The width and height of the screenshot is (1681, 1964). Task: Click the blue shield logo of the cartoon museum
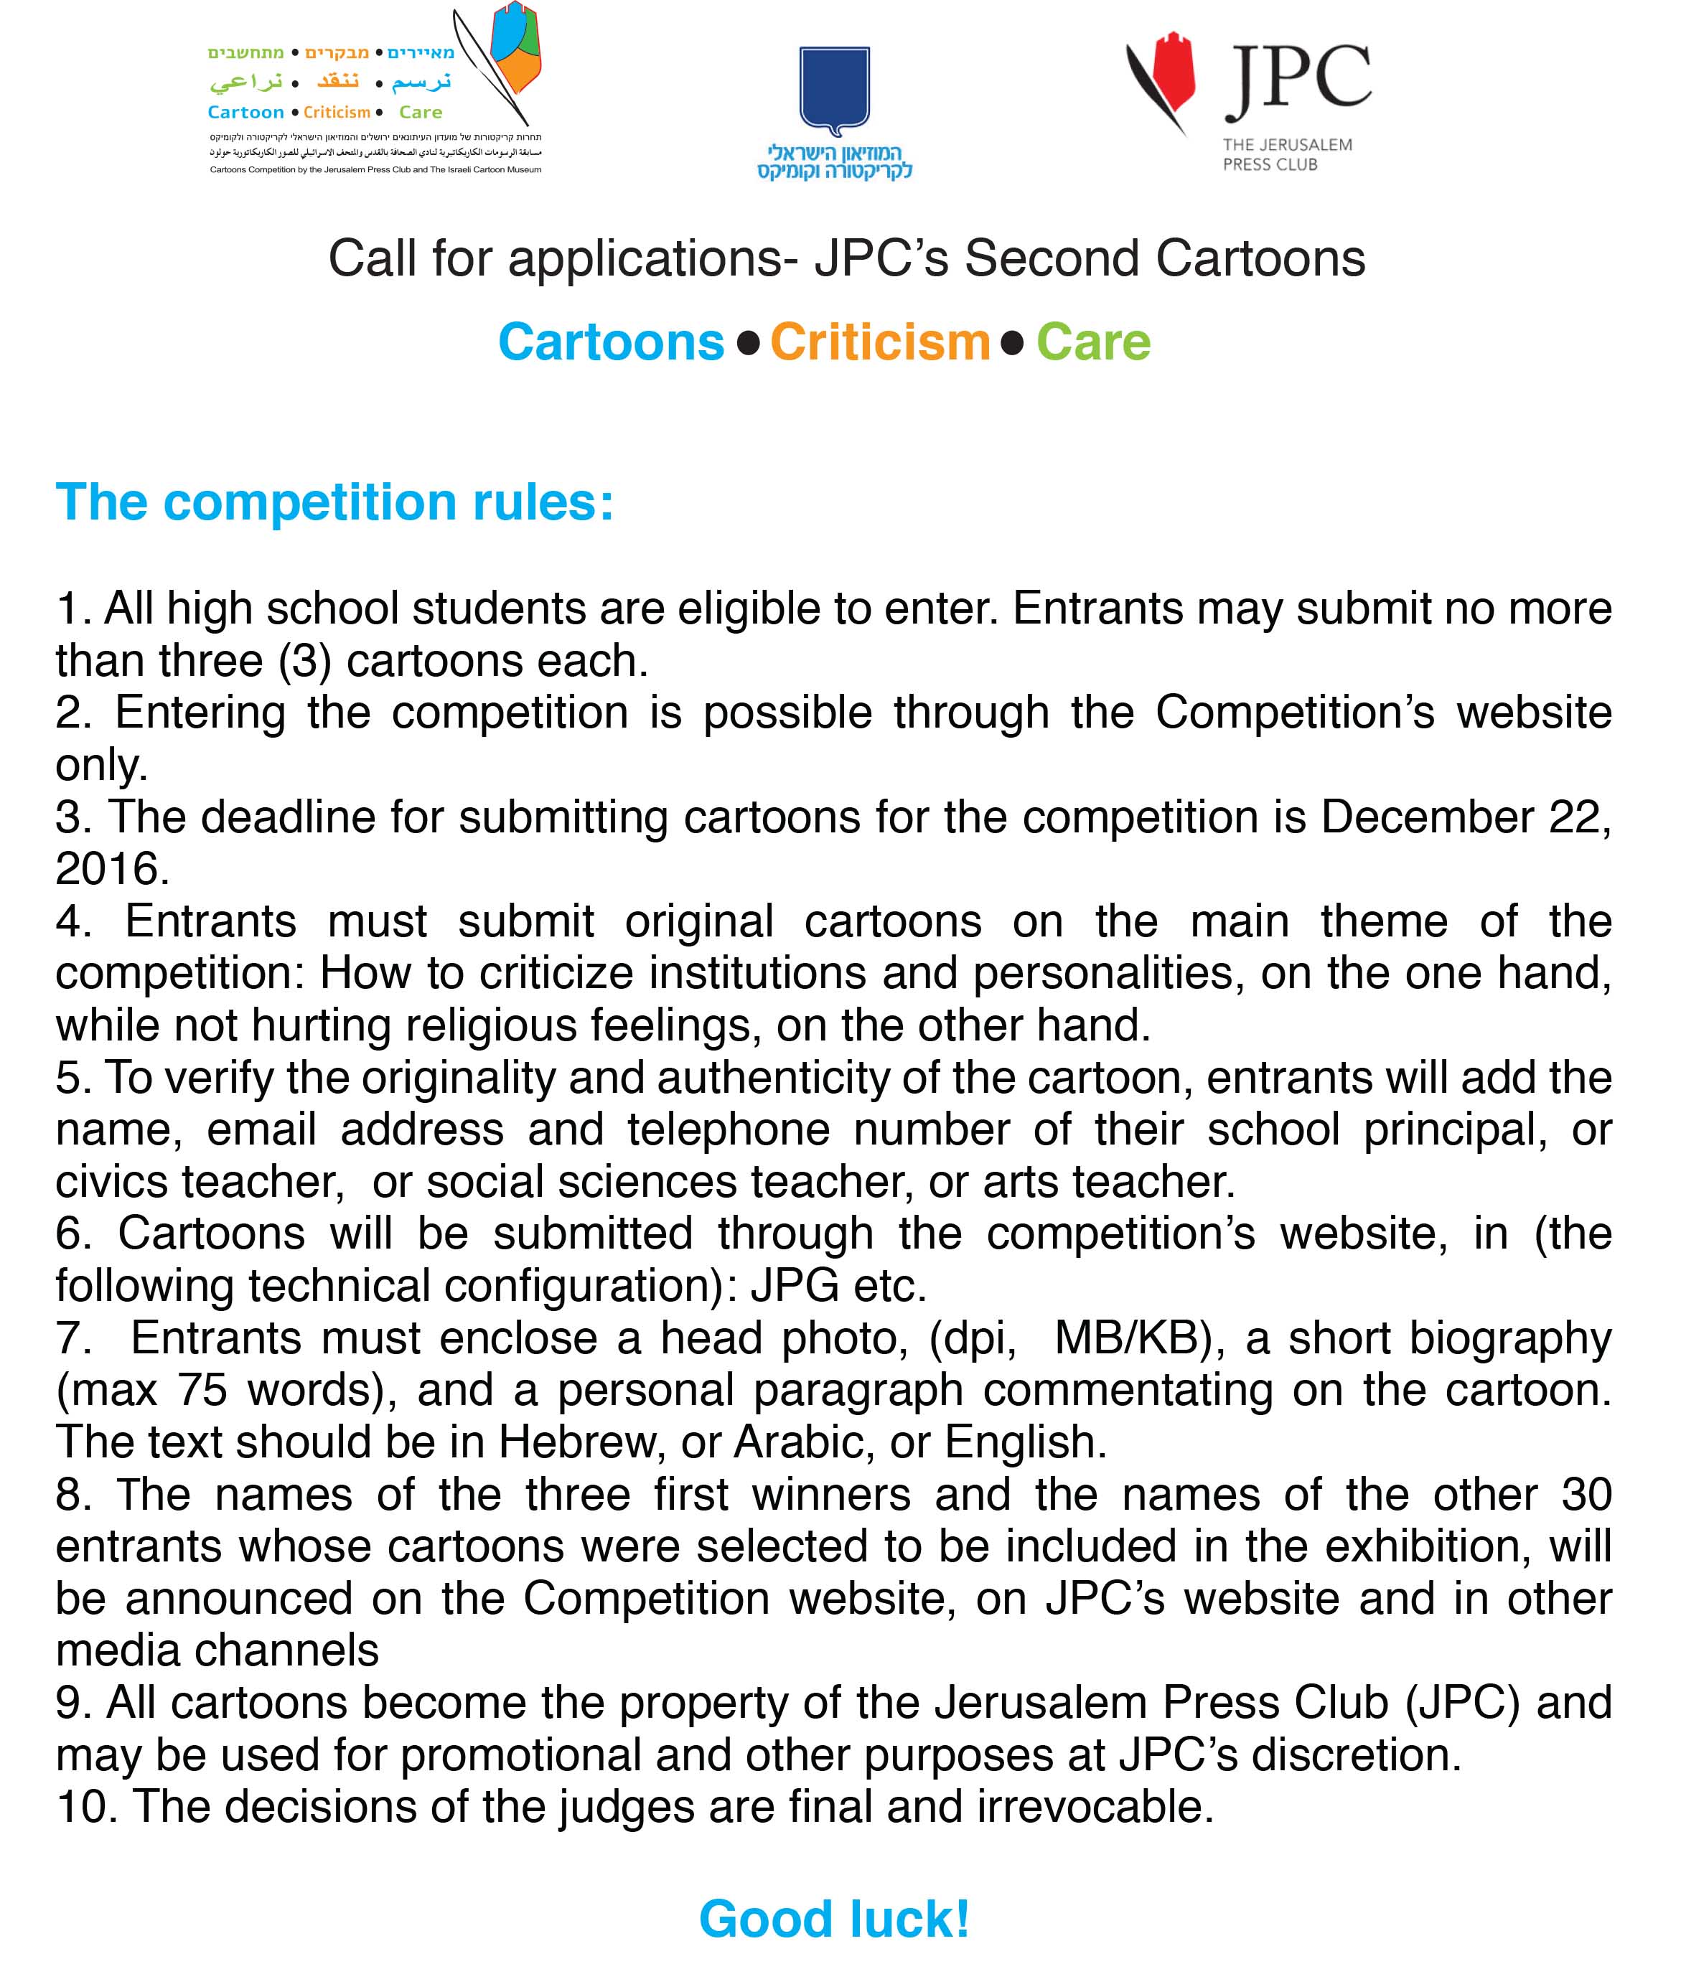[x=833, y=90]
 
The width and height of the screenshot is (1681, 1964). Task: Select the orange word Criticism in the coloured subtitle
[x=880, y=342]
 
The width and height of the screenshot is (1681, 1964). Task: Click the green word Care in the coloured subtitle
[x=1093, y=342]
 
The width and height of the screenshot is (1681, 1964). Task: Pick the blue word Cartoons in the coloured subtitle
[x=612, y=342]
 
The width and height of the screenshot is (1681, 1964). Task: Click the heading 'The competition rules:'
[x=334, y=502]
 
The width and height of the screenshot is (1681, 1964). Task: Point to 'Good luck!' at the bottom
[x=834, y=1920]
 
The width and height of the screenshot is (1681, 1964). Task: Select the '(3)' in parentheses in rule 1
[x=304, y=661]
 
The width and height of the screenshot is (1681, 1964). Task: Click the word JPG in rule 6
[x=795, y=1287]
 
